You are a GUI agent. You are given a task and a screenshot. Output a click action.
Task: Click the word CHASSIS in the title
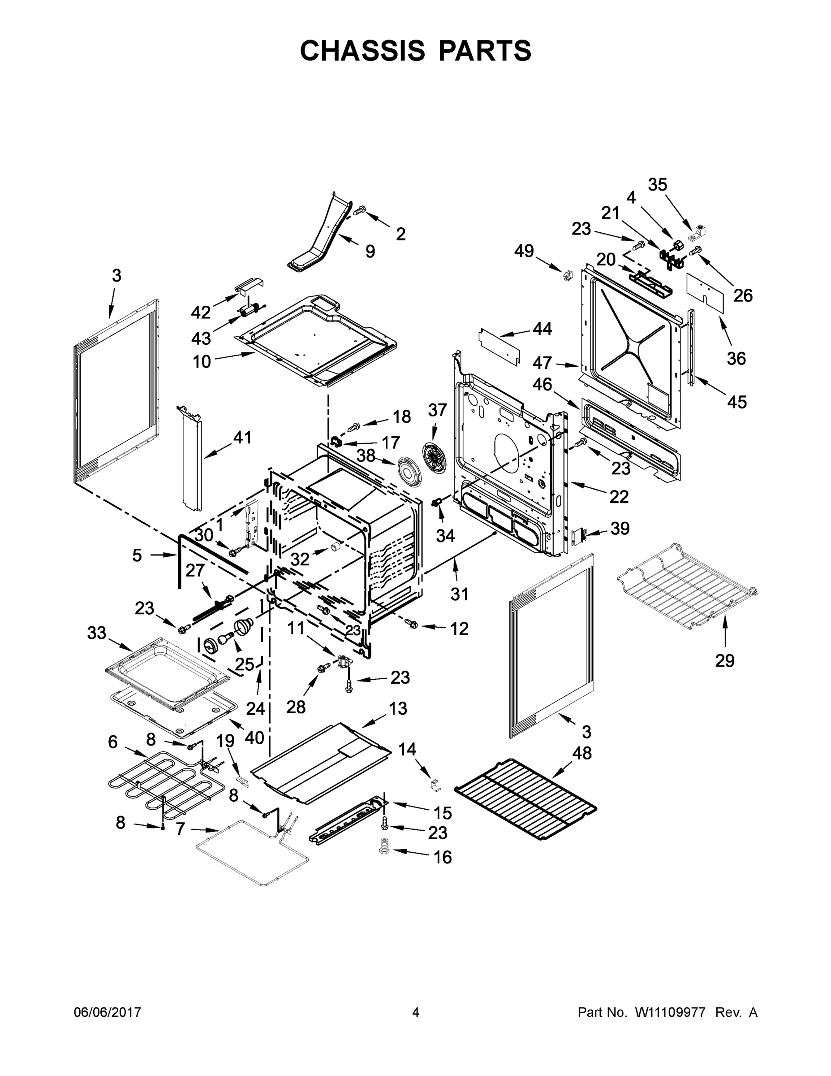click(362, 51)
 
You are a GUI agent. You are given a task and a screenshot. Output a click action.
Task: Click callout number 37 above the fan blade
click(437, 410)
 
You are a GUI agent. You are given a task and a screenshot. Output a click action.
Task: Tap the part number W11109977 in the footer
click(670, 1012)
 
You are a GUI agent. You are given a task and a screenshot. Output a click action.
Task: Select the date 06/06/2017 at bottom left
click(108, 1012)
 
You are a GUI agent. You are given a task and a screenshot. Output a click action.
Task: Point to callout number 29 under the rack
click(725, 660)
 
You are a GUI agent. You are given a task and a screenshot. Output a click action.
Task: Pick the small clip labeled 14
click(434, 785)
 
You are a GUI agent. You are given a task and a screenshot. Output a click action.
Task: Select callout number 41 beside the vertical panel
click(242, 437)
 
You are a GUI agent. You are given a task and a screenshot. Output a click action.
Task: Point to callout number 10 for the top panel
click(202, 362)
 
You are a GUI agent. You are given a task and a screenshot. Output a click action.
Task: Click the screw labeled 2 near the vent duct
click(360, 211)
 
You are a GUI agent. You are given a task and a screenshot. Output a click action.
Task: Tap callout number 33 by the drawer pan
click(96, 633)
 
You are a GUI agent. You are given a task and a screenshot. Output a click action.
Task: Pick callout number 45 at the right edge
click(736, 402)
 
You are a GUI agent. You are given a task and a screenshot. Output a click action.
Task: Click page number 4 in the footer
click(416, 1012)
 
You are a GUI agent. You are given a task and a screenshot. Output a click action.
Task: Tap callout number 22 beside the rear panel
click(619, 497)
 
